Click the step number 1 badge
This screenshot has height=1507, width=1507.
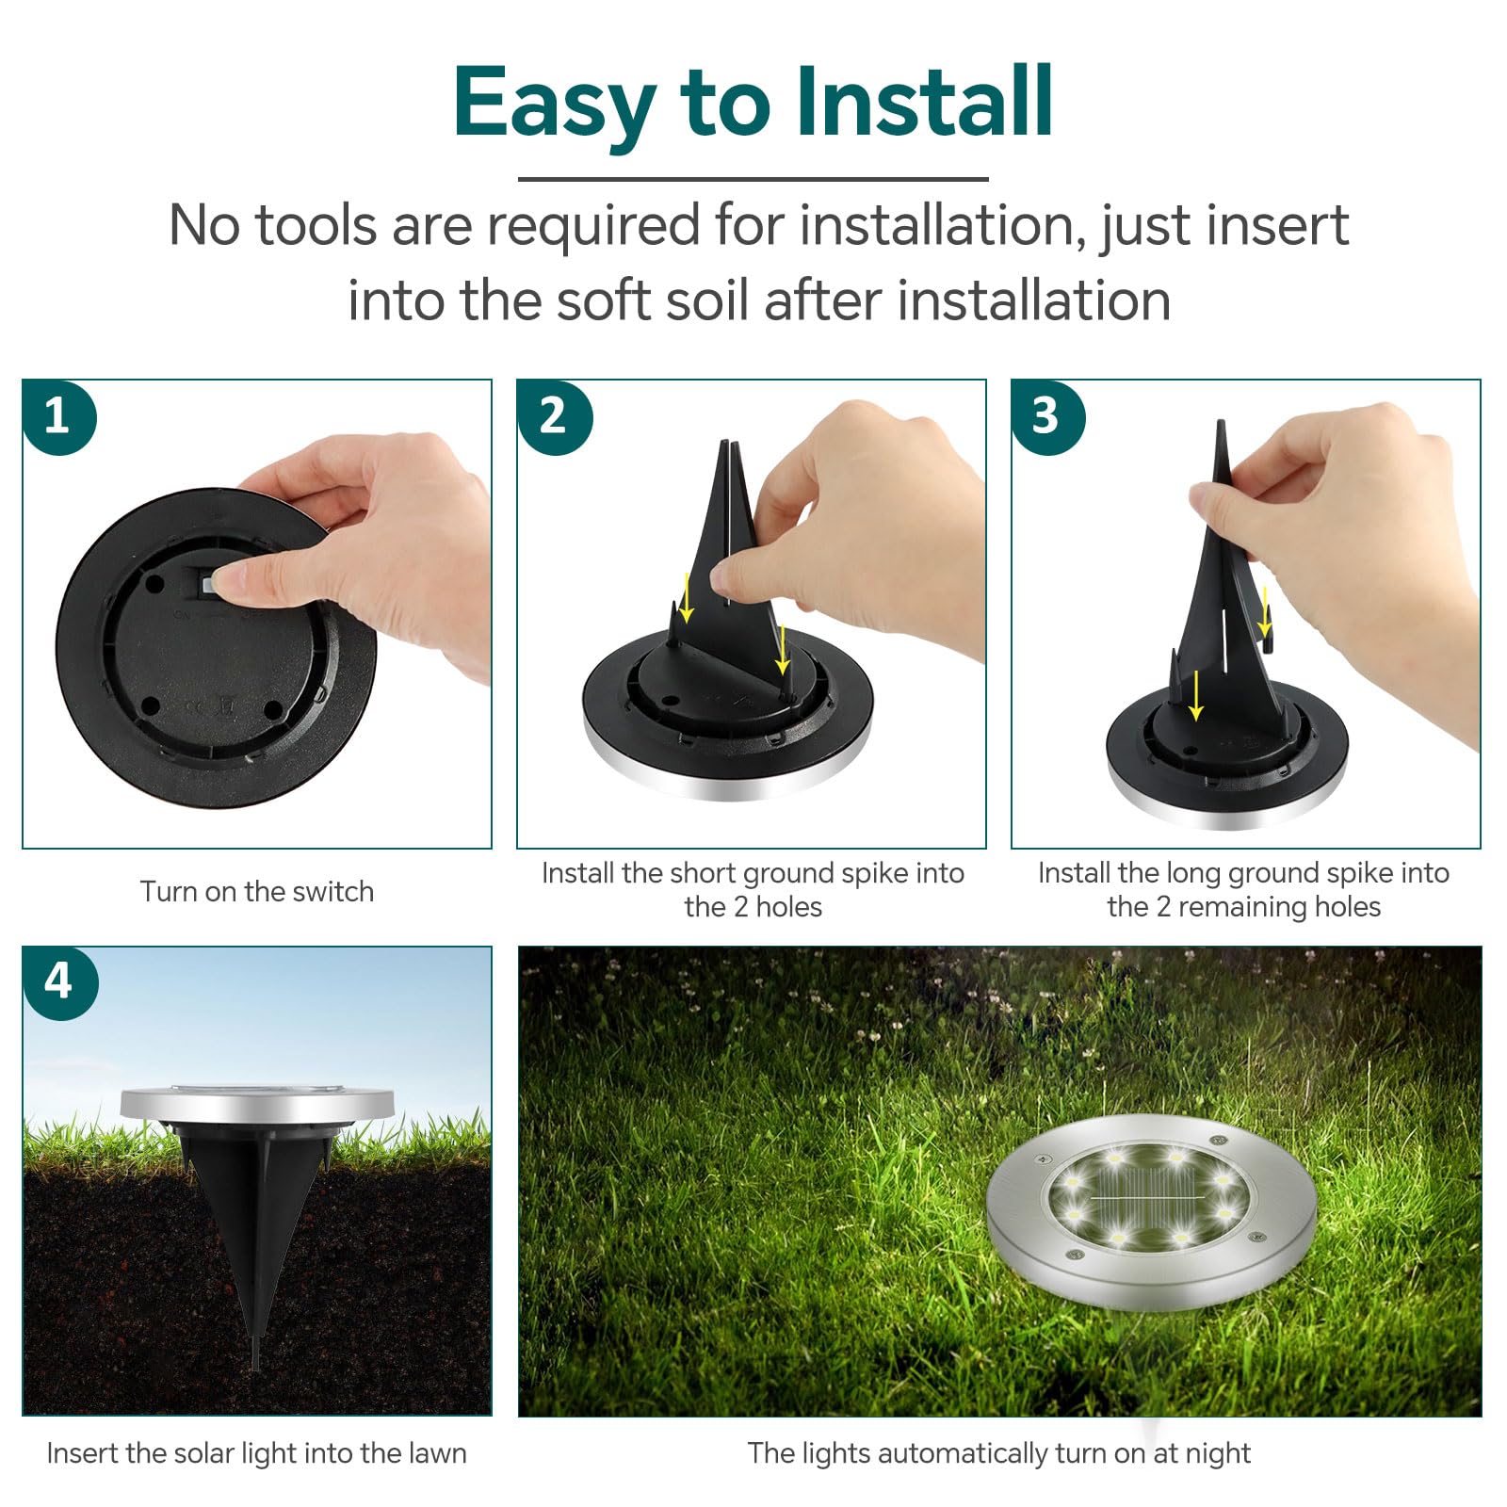(x=58, y=416)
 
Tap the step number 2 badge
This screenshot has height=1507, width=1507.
(x=554, y=416)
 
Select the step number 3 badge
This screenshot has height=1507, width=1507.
(x=1047, y=416)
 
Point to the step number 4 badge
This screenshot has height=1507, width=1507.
(x=59, y=982)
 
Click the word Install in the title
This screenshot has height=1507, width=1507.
(x=923, y=102)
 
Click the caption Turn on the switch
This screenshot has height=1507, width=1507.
(x=257, y=891)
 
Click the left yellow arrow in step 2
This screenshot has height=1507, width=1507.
(x=687, y=597)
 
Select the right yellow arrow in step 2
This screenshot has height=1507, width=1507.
(x=782, y=649)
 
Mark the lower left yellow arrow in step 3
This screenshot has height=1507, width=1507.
(x=1195, y=695)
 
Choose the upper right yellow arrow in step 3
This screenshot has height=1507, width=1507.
(x=1265, y=611)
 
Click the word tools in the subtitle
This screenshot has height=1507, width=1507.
(x=316, y=226)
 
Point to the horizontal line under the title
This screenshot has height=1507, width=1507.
(x=753, y=179)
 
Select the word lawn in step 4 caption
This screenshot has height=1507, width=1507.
(x=437, y=1452)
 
